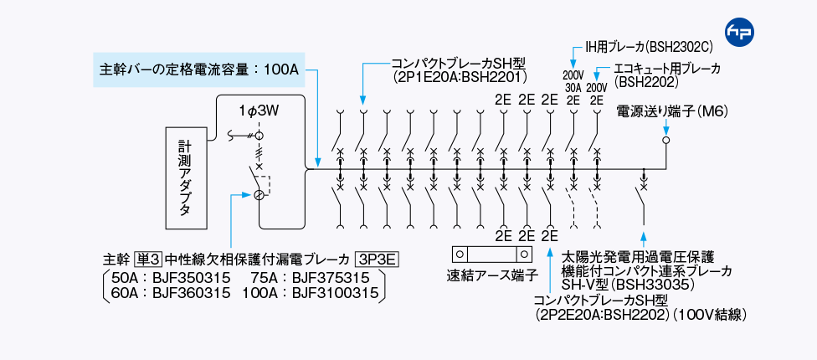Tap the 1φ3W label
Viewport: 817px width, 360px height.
click(x=259, y=110)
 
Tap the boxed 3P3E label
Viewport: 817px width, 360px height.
click(x=377, y=259)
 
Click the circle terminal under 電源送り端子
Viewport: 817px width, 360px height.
click(x=666, y=141)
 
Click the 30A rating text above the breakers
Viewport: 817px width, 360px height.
click(x=573, y=87)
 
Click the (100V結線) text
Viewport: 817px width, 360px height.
click(x=706, y=314)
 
